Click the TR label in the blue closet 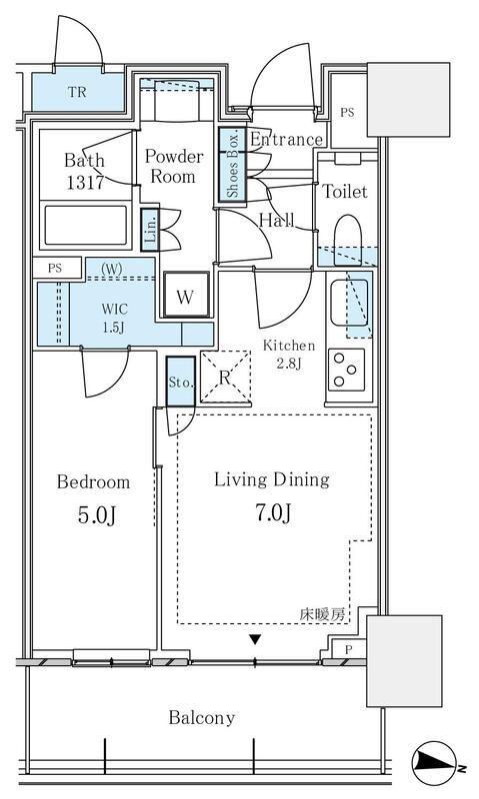[78, 92]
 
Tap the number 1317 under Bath [85, 183]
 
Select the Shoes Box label [233, 166]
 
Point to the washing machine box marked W [186, 295]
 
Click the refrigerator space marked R [225, 377]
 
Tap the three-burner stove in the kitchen [346, 370]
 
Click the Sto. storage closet [181, 382]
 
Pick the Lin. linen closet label [150, 230]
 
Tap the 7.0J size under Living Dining [273, 512]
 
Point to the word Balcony [202, 718]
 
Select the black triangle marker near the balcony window [255, 639]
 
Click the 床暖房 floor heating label [322, 615]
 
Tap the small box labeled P [348, 650]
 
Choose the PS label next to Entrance [347, 113]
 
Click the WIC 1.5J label [115, 318]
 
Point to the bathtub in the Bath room [85, 225]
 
